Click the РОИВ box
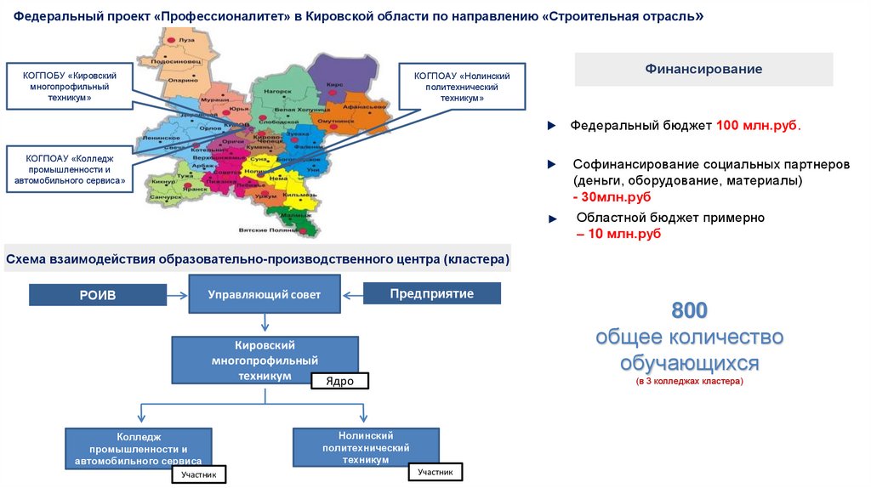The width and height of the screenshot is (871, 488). tap(98, 294)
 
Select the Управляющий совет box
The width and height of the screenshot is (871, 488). tap(265, 294)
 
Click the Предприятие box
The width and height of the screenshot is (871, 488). tap(431, 293)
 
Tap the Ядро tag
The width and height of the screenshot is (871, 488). tap(339, 381)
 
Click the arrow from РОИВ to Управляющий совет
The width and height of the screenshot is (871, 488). tap(177, 294)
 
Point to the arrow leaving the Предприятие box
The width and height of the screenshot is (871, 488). tap(353, 294)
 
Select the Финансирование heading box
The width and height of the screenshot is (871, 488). tap(703, 69)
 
